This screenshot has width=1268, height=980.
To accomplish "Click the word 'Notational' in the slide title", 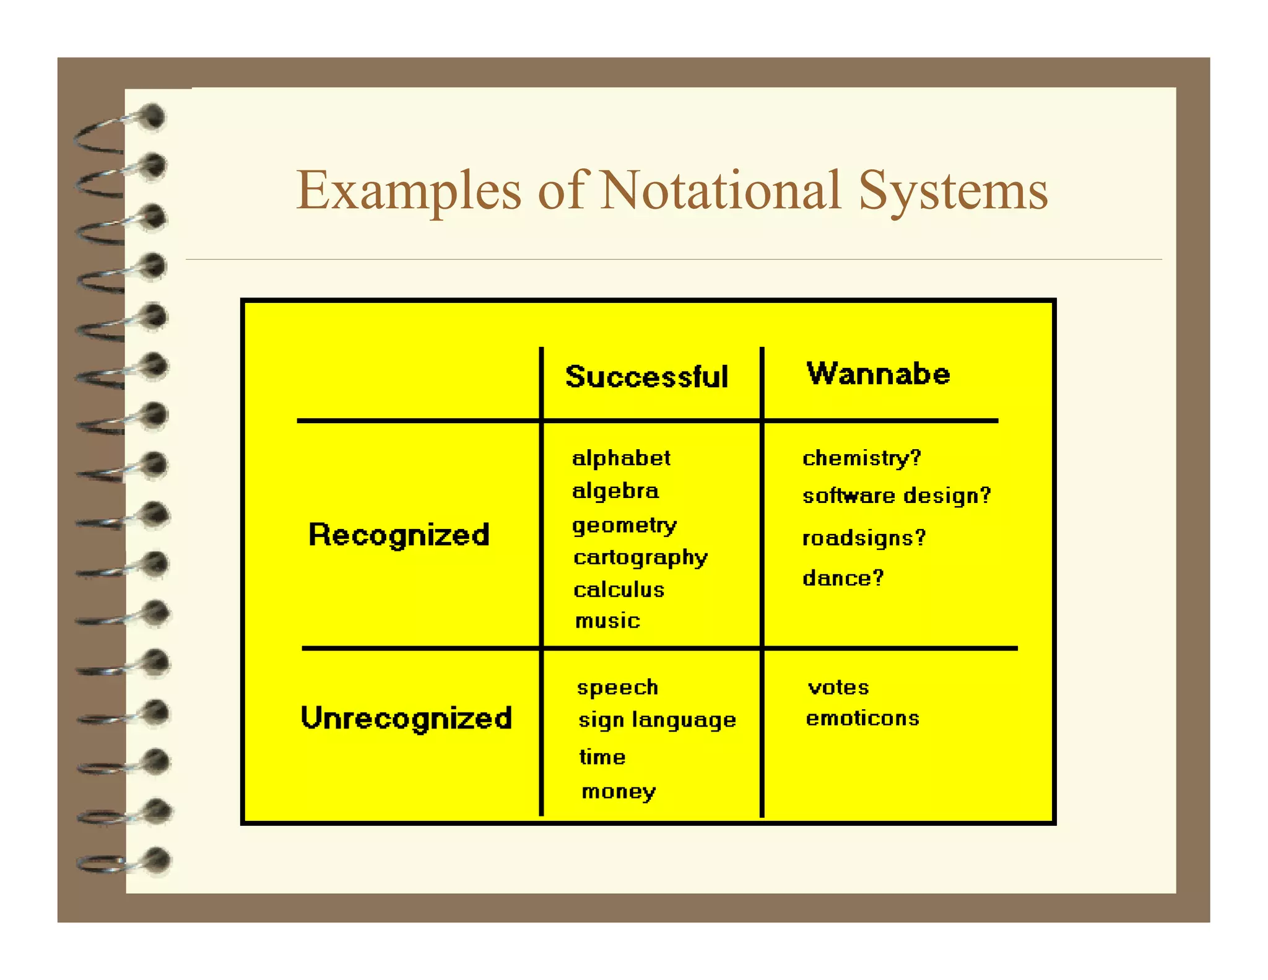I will pyautogui.click(x=721, y=190).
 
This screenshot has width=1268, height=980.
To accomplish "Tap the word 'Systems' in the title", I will pyautogui.click(x=953, y=192).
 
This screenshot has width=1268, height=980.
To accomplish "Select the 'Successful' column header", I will pyautogui.click(x=646, y=377).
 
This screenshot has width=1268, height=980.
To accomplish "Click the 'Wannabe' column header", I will pyautogui.click(x=878, y=374).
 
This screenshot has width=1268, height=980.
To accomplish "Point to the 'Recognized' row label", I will pyautogui.click(x=399, y=535).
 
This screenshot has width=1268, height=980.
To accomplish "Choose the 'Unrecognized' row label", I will pyautogui.click(x=406, y=718).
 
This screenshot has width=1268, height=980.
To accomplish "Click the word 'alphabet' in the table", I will pyautogui.click(x=621, y=458).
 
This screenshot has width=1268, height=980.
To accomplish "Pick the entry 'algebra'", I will pyautogui.click(x=615, y=491).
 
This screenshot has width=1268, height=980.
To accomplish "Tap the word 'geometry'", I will pyautogui.click(x=624, y=526).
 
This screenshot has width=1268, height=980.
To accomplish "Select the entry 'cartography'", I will pyautogui.click(x=640, y=558).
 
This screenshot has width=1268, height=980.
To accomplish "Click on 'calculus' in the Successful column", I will pyautogui.click(x=619, y=590).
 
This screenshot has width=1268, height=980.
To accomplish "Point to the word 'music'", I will pyautogui.click(x=607, y=621).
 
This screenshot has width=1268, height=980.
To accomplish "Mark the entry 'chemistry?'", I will pyautogui.click(x=862, y=458).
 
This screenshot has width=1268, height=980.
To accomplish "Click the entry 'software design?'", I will pyautogui.click(x=897, y=496).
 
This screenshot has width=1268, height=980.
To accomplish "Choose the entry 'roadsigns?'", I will pyautogui.click(x=864, y=538).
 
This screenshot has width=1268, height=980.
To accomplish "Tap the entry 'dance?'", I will pyautogui.click(x=843, y=579).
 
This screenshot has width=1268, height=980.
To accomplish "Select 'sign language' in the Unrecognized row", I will pyautogui.click(x=657, y=720).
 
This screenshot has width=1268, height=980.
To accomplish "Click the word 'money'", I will pyautogui.click(x=619, y=792).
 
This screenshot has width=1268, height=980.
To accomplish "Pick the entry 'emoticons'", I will pyautogui.click(x=862, y=719).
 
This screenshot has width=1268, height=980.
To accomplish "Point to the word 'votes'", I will pyautogui.click(x=838, y=688).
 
